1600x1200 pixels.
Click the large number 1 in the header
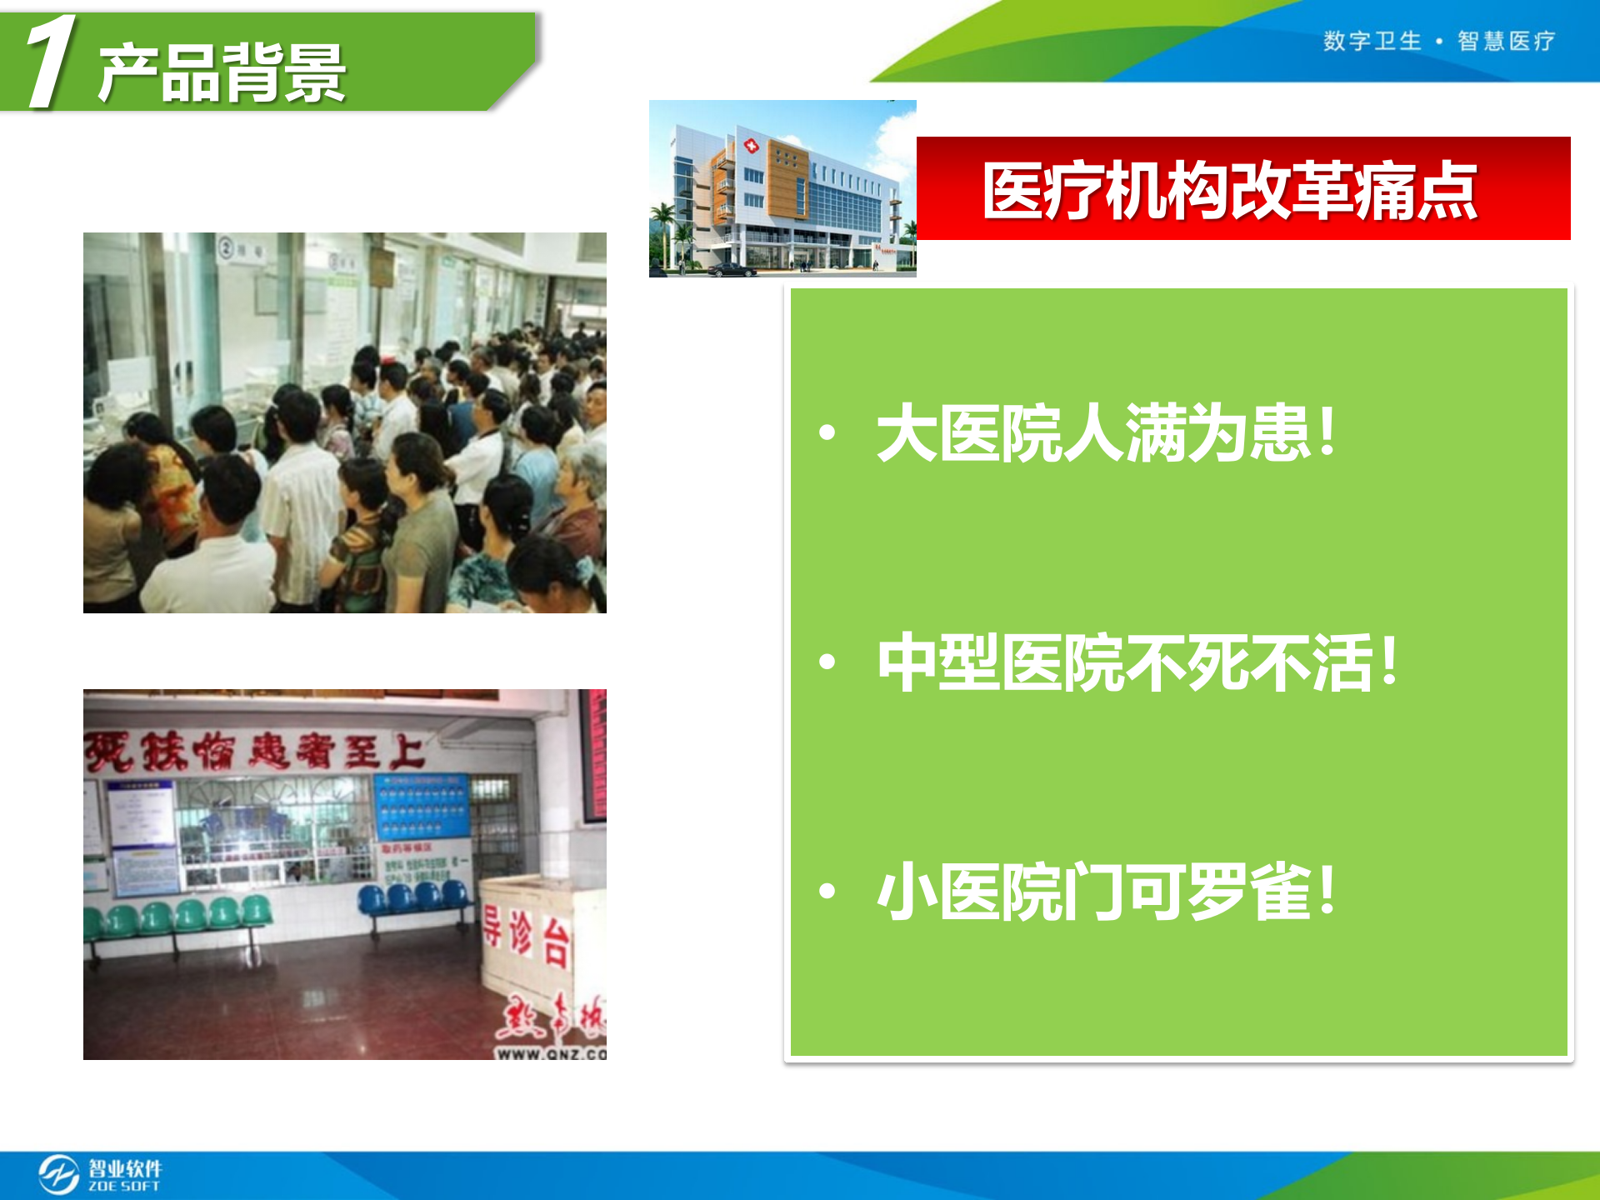point(52,62)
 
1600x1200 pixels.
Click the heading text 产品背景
point(222,73)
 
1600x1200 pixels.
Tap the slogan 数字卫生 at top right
point(1372,41)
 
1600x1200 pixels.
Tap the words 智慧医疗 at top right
point(1506,41)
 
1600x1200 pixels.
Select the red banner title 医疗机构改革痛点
point(1230,191)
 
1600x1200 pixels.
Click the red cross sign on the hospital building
point(751,147)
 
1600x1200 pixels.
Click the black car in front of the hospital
point(731,269)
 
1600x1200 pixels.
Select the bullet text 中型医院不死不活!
point(1137,662)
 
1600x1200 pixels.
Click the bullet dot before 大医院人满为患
point(827,432)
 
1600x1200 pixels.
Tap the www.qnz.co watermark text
point(550,1053)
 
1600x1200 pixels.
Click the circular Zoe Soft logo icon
point(58,1174)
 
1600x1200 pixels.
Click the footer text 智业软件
point(125,1167)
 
